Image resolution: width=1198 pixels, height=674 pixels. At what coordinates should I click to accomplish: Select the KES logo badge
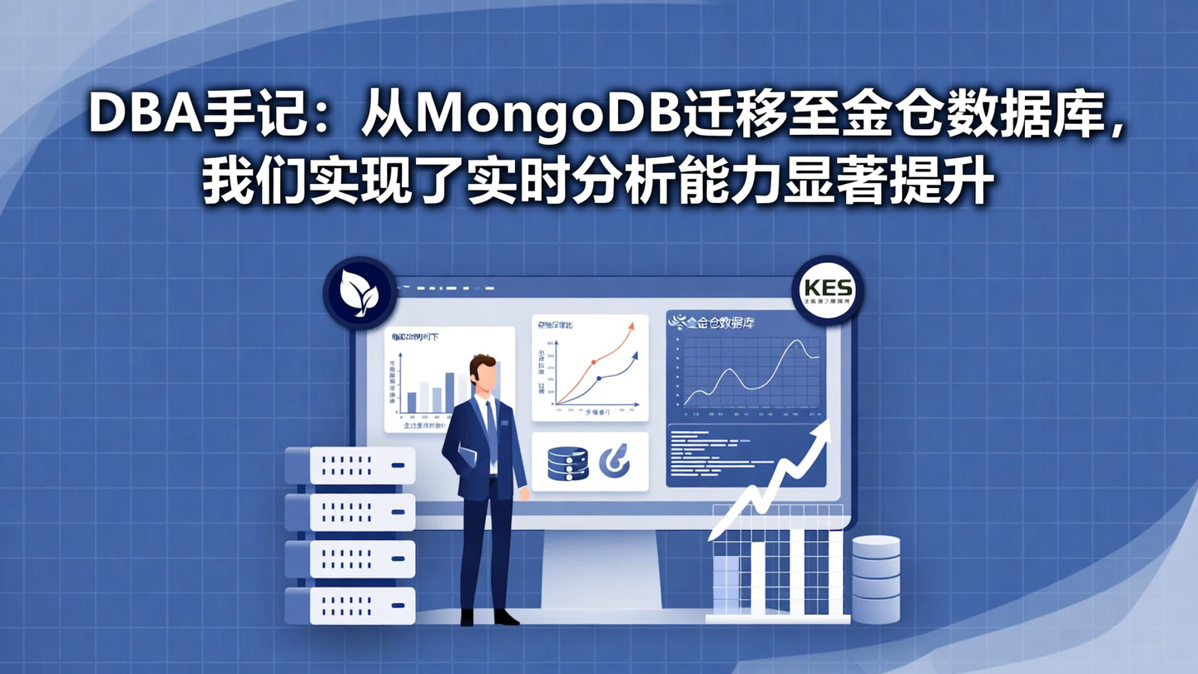[827, 290]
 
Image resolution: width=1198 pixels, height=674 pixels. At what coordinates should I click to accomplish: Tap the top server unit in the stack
[350, 465]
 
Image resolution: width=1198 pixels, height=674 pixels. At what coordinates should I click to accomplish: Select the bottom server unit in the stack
[350, 605]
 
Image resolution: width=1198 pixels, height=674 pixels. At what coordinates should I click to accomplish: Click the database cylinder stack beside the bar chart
[876, 579]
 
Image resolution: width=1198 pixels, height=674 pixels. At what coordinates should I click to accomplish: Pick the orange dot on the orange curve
[593, 363]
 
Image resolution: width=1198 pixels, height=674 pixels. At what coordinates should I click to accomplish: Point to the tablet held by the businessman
[467, 455]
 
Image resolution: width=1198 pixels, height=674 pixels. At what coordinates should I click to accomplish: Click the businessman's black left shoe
[504, 617]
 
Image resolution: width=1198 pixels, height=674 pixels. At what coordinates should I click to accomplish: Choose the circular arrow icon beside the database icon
[614, 462]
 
